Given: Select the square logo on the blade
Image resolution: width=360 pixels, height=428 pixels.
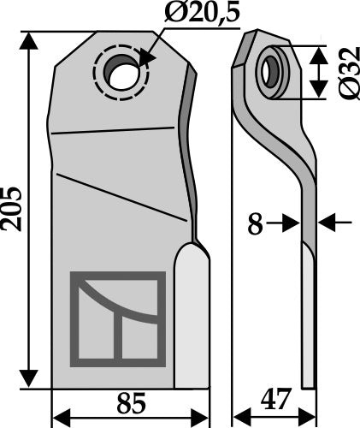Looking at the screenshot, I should point(118,317).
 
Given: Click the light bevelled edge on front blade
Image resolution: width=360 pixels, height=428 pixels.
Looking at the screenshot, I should point(191,317).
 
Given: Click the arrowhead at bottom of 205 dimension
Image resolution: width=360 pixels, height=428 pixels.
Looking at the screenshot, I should point(31,380).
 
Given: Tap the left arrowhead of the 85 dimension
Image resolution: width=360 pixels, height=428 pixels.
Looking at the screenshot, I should point(60,418).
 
